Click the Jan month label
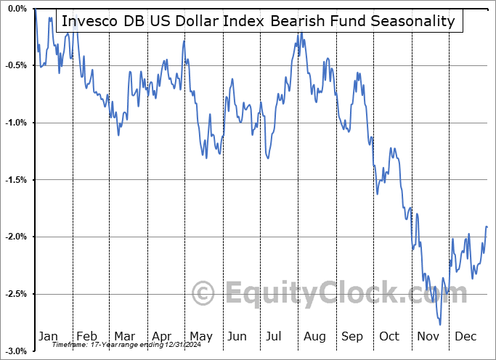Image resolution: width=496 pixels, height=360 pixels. coord(48,336)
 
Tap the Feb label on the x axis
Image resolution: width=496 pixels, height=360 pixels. coord(86,336)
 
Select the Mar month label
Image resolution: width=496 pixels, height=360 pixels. coord(124,336)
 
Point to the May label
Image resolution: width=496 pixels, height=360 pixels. coord(200,336)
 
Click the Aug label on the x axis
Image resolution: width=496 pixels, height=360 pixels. coord(314,336)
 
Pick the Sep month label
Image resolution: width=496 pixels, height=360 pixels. coord(352,336)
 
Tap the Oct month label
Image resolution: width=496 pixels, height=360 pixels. coord(389,336)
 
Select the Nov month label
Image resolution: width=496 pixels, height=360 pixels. coord(428,336)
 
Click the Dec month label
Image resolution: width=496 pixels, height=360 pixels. coord(465,336)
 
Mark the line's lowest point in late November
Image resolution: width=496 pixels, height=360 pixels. coord(439,324)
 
